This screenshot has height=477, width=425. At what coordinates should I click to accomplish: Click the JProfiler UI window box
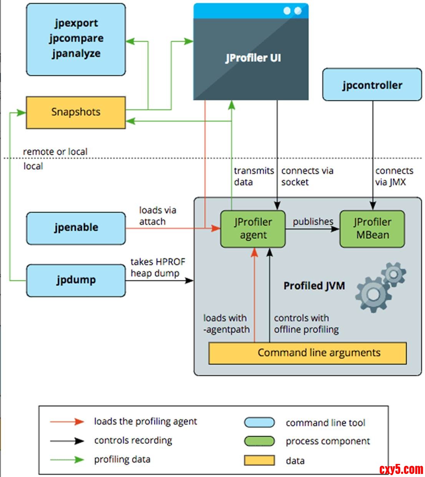click(251, 58)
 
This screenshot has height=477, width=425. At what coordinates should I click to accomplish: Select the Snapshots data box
click(76, 112)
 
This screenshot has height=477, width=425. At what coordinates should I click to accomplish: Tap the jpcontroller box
click(372, 85)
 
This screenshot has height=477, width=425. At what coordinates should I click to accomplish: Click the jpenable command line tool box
click(76, 228)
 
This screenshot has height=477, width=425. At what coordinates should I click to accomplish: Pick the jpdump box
click(76, 280)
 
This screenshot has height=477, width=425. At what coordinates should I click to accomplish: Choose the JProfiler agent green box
click(253, 229)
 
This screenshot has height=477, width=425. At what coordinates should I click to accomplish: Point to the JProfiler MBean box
click(372, 229)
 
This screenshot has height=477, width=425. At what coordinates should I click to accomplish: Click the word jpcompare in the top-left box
click(76, 38)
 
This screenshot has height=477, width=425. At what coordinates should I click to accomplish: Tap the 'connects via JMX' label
click(393, 176)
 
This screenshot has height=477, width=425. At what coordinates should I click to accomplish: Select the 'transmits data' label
click(254, 176)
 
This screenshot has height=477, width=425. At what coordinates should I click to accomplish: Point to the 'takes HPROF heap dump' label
click(158, 267)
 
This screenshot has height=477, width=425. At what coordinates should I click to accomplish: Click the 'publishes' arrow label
click(313, 222)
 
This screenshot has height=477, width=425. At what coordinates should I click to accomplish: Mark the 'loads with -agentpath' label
click(226, 324)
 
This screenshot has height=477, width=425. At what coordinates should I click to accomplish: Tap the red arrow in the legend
click(67, 422)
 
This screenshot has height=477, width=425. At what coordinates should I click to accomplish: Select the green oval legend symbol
click(259, 441)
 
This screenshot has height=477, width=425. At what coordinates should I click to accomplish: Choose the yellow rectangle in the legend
click(259, 460)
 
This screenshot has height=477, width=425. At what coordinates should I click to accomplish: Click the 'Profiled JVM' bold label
click(314, 286)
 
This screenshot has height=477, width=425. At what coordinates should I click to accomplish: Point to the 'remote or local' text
click(55, 152)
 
